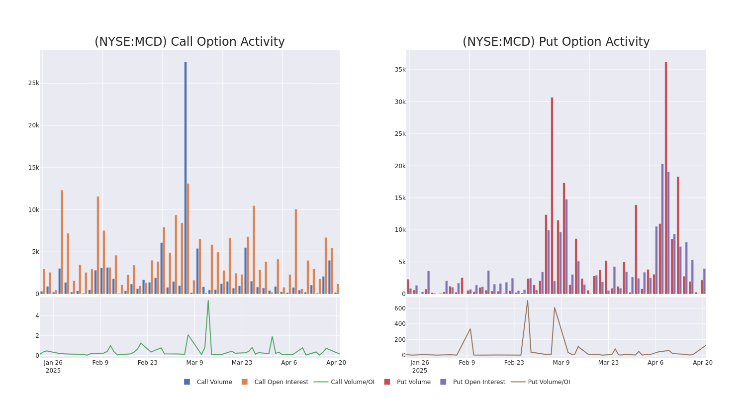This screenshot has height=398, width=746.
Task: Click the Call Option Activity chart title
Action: (189, 42)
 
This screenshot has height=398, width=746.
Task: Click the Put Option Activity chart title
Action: (556, 42)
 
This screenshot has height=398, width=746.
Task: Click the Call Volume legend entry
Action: (208, 382)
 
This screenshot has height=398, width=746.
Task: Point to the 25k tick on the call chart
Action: (33, 83)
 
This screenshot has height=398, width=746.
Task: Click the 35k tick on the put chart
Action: (400, 70)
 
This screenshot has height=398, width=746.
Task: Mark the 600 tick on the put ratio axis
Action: (400, 308)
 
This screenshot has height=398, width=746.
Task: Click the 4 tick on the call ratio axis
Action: (37, 316)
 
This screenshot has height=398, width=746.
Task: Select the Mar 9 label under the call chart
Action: (194, 363)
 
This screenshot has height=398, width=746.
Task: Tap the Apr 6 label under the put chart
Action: (655, 363)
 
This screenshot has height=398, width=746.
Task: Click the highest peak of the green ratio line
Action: (208, 300)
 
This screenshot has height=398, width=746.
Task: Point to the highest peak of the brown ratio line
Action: (528, 300)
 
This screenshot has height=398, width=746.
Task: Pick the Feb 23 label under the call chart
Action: (147, 363)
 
